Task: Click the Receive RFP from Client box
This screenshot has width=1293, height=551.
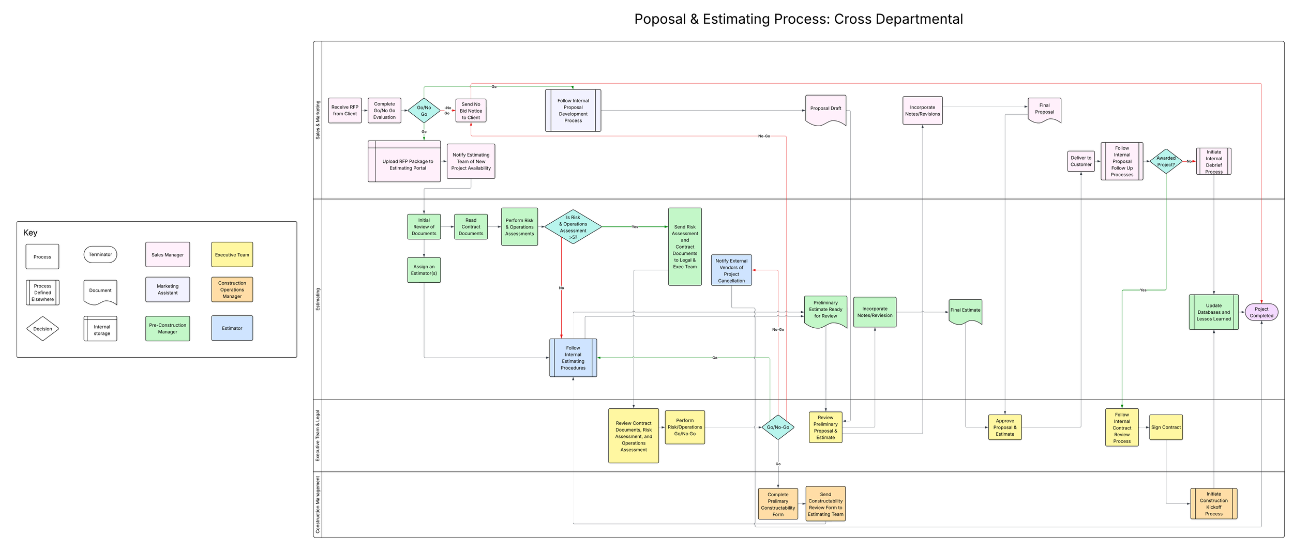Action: [x=344, y=111]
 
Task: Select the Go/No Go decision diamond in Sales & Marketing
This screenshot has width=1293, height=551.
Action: [x=424, y=111]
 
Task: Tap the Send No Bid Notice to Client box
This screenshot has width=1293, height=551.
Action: [x=471, y=111]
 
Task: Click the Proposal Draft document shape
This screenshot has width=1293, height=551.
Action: [x=825, y=109]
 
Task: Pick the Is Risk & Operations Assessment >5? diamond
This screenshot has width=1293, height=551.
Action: [x=573, y=227]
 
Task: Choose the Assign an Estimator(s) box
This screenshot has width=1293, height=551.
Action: [x=424, y=270]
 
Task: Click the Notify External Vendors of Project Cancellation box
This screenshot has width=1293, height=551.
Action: [x=731, y=270]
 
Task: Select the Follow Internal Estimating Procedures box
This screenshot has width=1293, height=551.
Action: [x=573, y=358]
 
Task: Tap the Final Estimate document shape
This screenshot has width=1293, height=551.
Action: [x=965, y=311]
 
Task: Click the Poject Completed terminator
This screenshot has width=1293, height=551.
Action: [x=1261, y=312]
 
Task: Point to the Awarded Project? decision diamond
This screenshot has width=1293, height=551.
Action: [x=1166, y=161]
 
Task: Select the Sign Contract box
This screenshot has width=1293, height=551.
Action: [x=1166, y=427]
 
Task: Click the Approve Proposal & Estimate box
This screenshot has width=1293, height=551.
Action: [x=1004, y=427]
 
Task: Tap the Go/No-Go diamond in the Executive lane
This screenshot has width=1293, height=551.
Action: [x=778, y=427]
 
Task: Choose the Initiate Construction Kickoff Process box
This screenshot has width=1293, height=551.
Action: [x=1213, y=503]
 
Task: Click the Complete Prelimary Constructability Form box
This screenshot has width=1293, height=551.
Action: [x=778, y=504]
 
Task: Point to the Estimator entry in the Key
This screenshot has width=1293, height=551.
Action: [x=232, y=328]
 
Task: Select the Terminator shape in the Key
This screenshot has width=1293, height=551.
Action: [x=100, y=254]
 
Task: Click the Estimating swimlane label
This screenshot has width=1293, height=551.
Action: [x=318, y=299]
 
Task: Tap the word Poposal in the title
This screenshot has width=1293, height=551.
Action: [x=660, y=20]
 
